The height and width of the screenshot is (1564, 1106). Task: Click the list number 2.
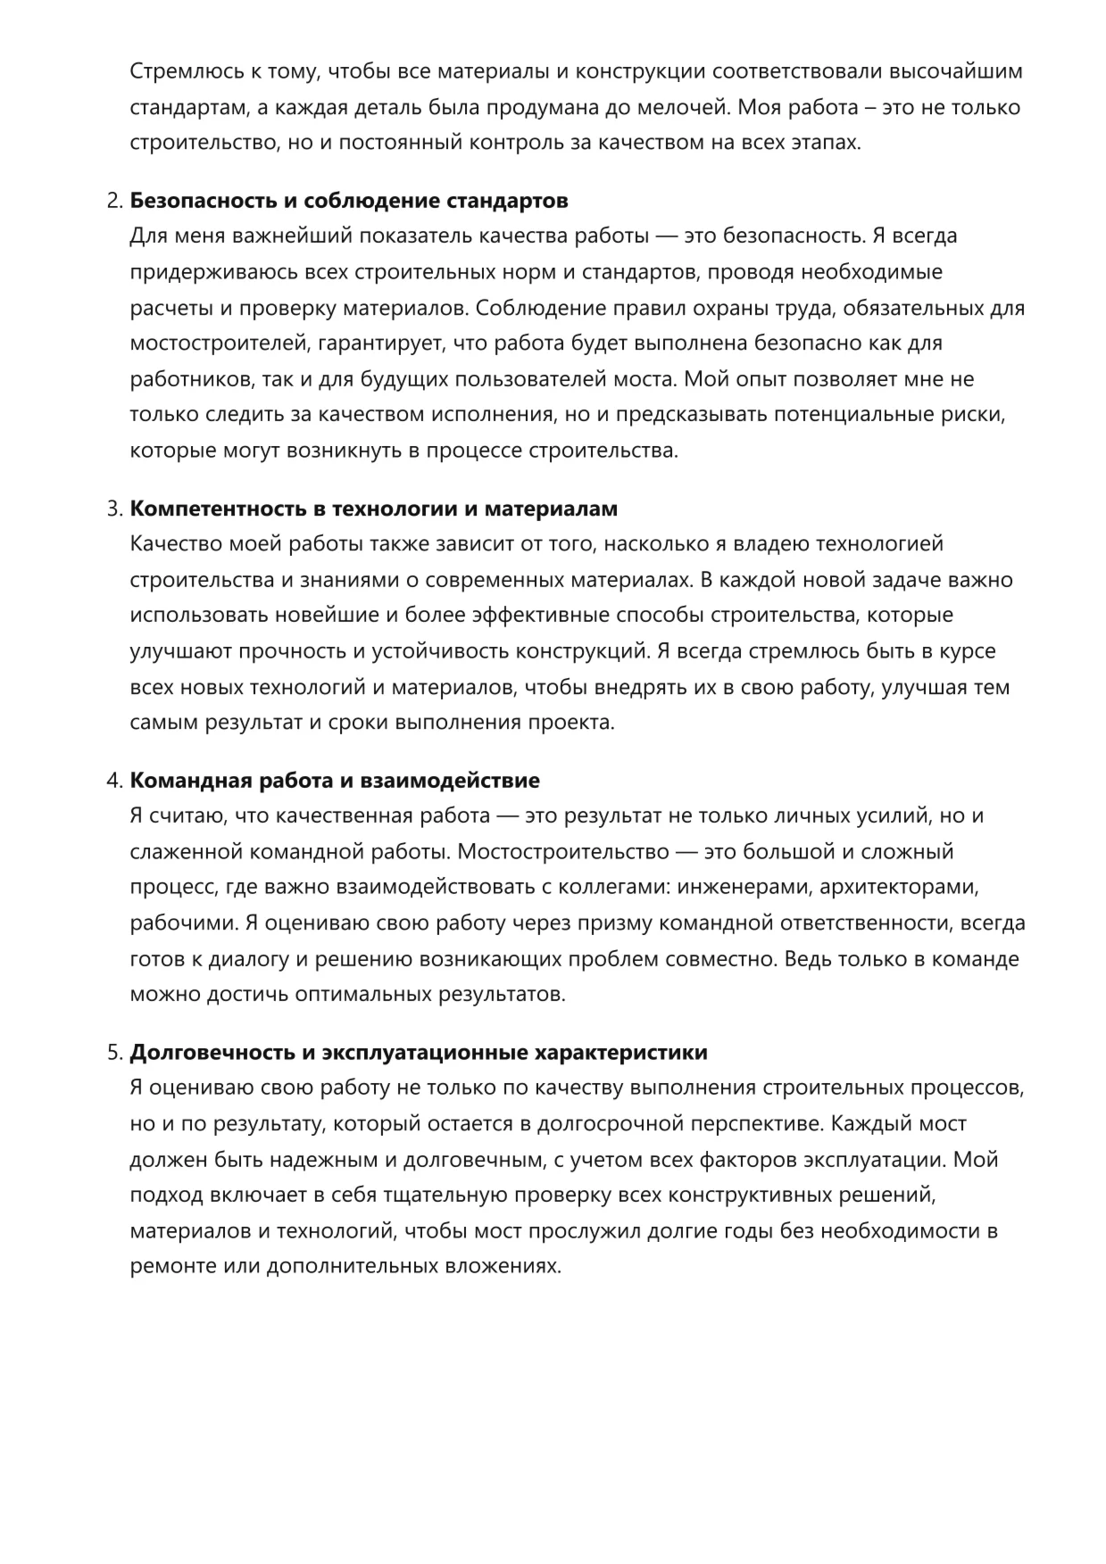[x=113, y=201]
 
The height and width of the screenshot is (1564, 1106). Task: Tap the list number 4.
[x=113, y=781]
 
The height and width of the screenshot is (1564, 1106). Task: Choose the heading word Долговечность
[x=212, y=1053]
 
